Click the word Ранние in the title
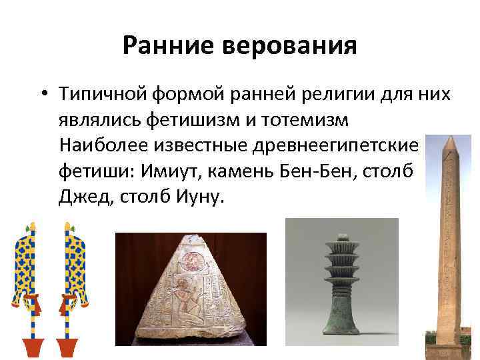(x=161, y=46)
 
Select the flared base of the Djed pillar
(x=340, y=320)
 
